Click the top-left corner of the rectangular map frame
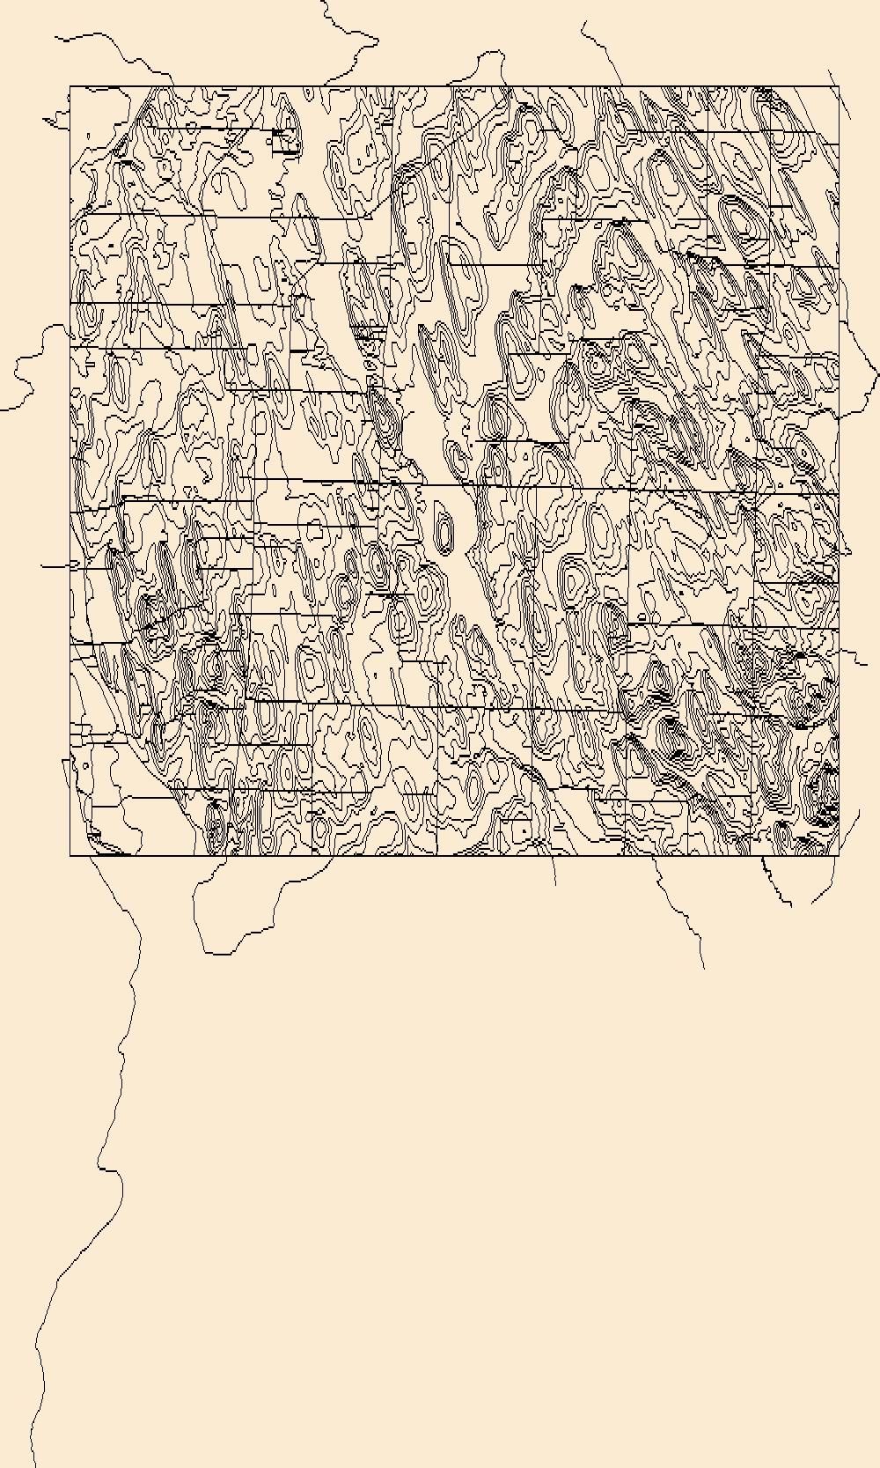70,86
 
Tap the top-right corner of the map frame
839,86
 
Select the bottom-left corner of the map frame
70,855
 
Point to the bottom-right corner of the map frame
839,855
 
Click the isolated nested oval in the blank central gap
445,532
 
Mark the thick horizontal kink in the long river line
108,1169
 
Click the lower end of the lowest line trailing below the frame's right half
704,968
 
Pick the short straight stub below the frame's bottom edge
554,872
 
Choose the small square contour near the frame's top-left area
283,141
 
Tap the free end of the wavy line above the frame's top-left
55,38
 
